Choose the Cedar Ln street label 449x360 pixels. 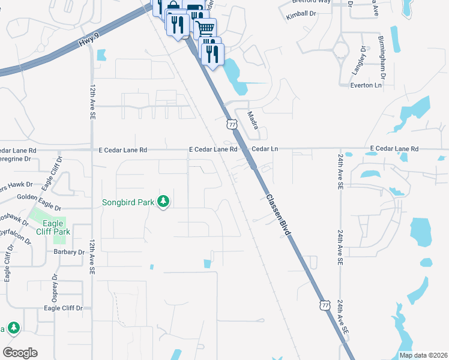[265, 148]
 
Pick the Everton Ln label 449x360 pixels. [366, 86]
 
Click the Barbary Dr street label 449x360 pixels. [69, 252]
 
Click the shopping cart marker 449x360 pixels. [205, 28]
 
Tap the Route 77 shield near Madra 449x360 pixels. [232, 124]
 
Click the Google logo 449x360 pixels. [20, 352]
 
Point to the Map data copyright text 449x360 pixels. [423, 355]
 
